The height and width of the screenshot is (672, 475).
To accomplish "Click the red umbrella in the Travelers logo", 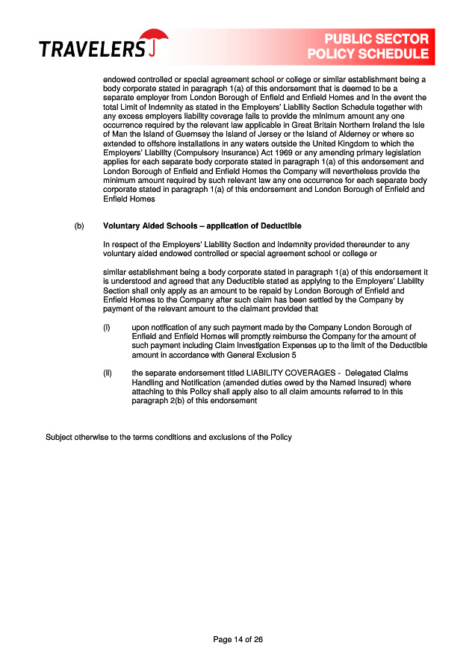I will [155, 38].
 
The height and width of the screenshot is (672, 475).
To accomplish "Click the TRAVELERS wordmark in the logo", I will [92, 50].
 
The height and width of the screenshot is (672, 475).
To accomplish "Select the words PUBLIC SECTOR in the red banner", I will [376, 39].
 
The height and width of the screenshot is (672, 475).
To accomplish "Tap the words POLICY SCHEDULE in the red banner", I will [368, 54].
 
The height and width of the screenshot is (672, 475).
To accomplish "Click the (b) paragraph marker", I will [79, 225].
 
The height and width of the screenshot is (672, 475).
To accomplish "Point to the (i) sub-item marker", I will [106, 327].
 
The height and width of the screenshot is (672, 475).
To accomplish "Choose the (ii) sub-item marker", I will [107, 373].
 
